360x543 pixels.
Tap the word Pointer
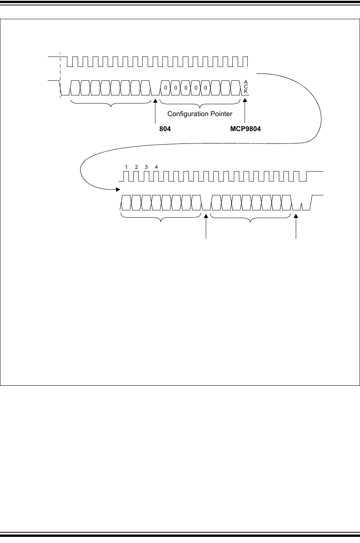pos(221,114)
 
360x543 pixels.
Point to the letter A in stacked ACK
pos(246,82)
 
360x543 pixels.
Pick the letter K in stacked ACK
pos(246,91)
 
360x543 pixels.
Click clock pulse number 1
pos(126,167)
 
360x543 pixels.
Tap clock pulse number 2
pos(136,167)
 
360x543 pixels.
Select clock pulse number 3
pos(146,167)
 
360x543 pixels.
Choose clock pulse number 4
pos(156,167)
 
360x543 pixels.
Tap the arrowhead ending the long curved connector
pos(118,189)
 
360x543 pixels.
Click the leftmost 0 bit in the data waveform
pos(165,88)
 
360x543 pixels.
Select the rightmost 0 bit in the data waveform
pos(205,88)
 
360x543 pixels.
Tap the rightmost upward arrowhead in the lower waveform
pos(296,217)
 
